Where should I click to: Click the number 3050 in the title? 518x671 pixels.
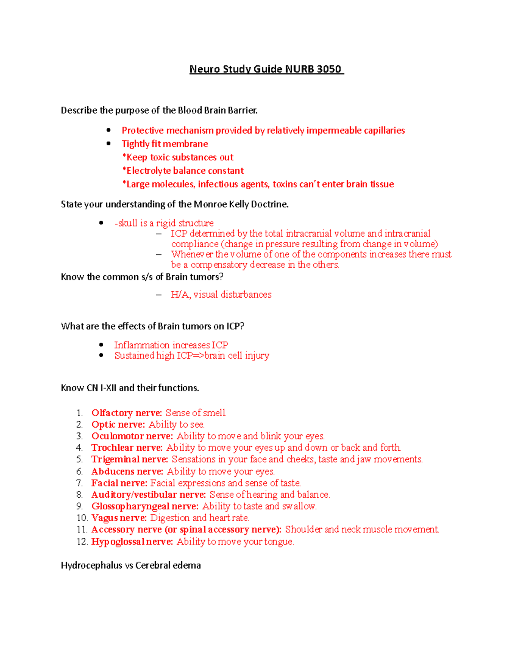coord(328,69)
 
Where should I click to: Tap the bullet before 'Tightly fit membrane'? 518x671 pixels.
coord(109,143)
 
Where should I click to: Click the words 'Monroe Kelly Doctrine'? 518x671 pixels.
coord(240,204)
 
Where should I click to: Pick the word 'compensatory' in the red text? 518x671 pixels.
coord(219,264)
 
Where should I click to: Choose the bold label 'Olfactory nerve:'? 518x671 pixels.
coord(126,413)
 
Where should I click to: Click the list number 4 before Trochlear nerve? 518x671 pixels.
coord(79,448)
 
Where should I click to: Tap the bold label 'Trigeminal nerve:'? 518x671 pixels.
coord(129,459)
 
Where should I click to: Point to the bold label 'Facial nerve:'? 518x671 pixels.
coord(119,483)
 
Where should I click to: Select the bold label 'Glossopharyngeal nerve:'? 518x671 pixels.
coord(145,506)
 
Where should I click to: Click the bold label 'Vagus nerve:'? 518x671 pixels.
coord(119,518)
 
